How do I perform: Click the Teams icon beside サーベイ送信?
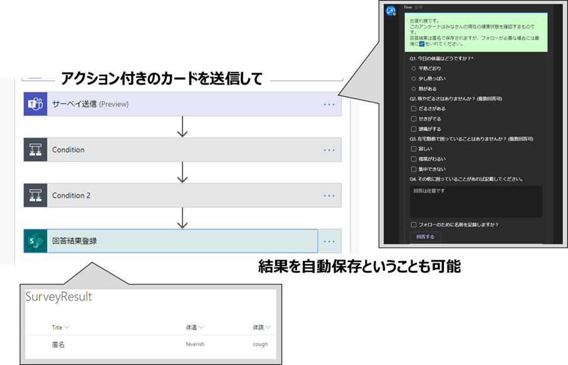tap(35, 104)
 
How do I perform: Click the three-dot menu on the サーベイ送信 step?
tap(329, 104)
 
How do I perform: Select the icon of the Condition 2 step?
tap(35, 196)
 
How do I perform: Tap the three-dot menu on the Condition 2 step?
tap(329, 196)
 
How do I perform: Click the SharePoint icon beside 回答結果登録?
tap(35, 241)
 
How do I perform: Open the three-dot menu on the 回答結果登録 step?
tap(329, 241)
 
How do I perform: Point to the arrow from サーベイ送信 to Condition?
tap(182, 127)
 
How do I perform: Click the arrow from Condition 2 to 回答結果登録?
tap(182, 218)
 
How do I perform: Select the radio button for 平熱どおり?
tap(413, 68)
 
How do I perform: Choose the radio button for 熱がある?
tap(413, 88)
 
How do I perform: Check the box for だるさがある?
tap(413, 108)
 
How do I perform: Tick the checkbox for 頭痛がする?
tap(413, 128)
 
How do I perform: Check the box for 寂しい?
tap(413, 149)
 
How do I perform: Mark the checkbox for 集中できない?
tap(413, 169)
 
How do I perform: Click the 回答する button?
tap(424, 236)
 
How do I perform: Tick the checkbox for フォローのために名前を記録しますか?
tap(413, 224)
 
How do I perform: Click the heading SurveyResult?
tap(59, 297)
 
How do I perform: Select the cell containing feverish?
tap(195, 344)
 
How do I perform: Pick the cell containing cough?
tap(260, 344)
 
